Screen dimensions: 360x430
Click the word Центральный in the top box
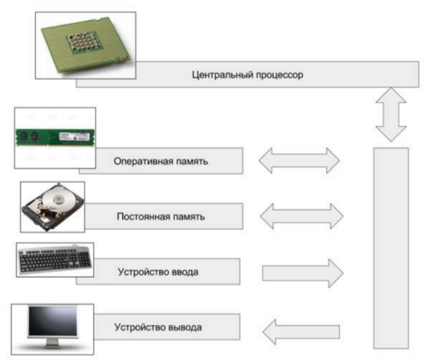[223, 74]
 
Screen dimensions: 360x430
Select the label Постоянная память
[161, 215]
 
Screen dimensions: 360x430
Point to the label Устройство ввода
[158, 272]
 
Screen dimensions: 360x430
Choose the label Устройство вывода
[158, 328]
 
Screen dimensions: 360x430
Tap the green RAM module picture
[56, 135]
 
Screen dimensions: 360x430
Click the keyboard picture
[54, 259]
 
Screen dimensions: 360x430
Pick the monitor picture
[52, 324]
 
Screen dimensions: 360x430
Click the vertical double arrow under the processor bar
[391, 114]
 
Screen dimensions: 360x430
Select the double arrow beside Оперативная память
[299, 160]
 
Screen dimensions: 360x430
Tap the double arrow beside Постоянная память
[299, 215]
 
